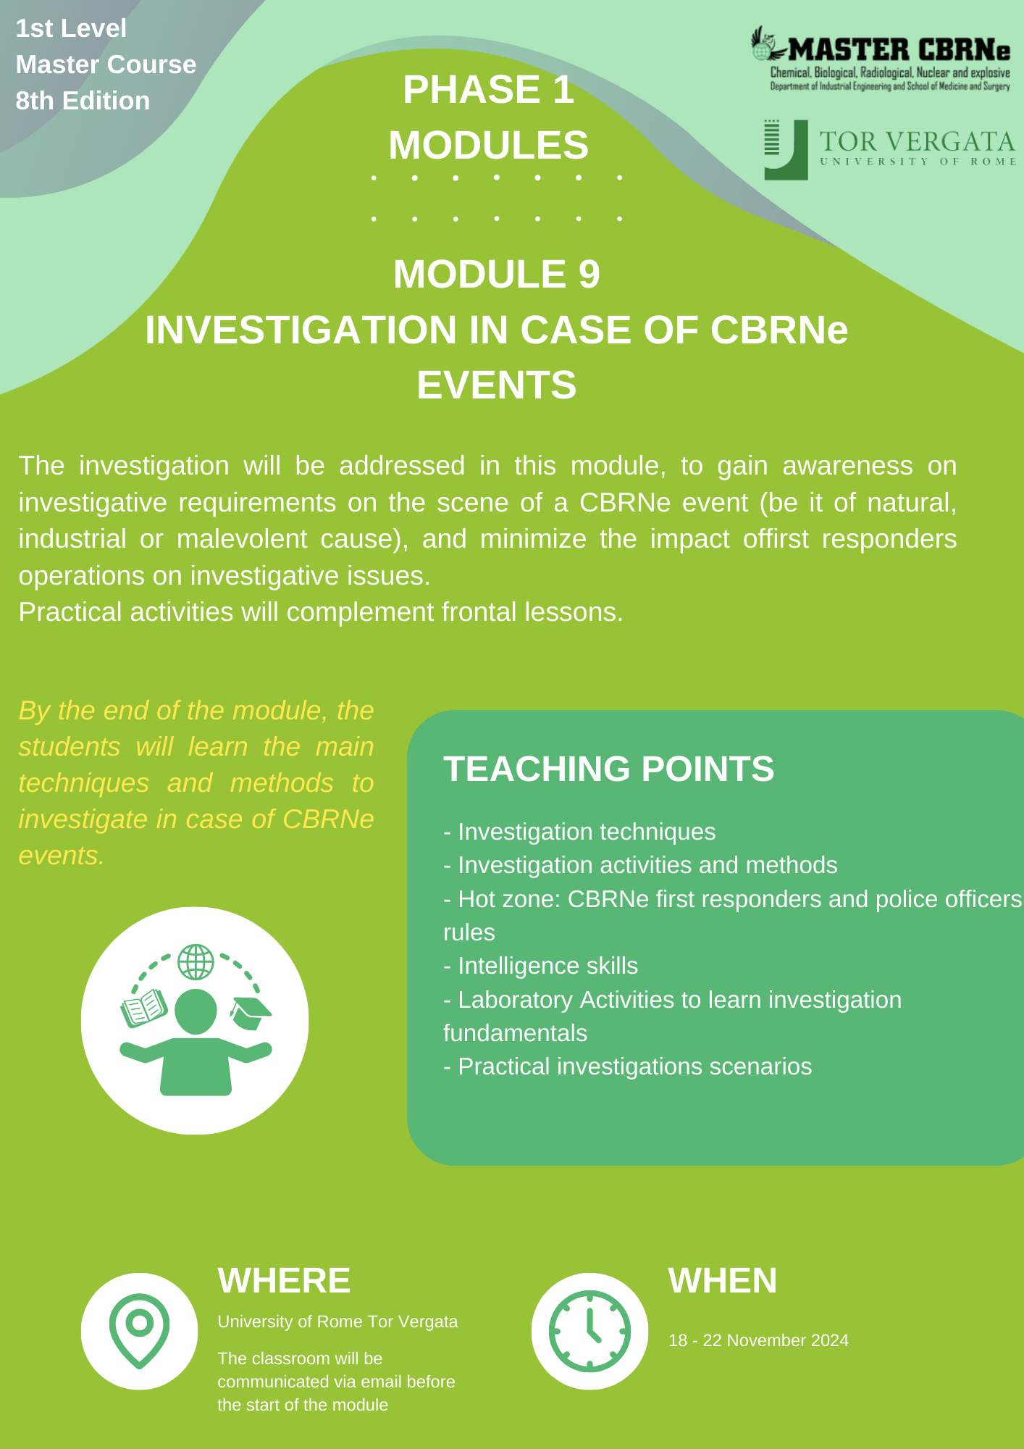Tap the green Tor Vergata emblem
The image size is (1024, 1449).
tap(786, 150)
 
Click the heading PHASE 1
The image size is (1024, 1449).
tap(489, 90)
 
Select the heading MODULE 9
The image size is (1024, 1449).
tap(497, 274)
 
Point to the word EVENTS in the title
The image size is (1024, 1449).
tap(497, 385)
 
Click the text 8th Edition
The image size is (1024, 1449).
tap(83, 101)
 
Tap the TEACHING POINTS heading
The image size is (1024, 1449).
tap(609, 769)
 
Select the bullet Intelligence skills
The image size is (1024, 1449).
tap(541, 966)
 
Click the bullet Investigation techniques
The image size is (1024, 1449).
tap(579, 832)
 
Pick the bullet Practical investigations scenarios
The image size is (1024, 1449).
tap(628, 1066)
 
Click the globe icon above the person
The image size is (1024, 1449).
tap(196, 962)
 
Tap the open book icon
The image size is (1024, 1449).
tap(144, 1008)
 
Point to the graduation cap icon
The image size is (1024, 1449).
tap(250, 1013)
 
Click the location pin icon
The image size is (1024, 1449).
tap(139, 1331)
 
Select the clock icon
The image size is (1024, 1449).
tap(589, 1331)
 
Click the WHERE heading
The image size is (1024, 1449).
tap(284, 1280)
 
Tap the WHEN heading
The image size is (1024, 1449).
tap(723, 1280)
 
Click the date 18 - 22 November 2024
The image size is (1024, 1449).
tap(758, 1340)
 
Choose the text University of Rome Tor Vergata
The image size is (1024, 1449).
tap(337, 1321)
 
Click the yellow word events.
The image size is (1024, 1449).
tap(62, 856)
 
